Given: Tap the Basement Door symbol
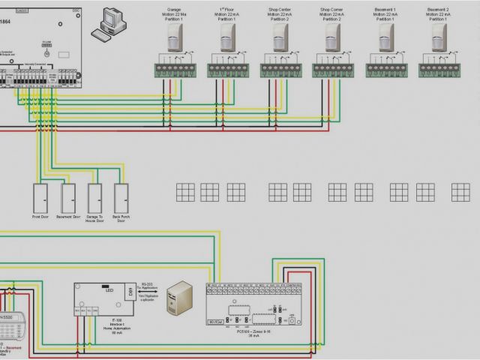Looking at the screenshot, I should (69, 199).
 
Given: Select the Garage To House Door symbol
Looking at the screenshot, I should (94, 199).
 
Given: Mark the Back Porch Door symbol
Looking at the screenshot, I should (120, 199).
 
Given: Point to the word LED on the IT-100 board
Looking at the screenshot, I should (109, 289).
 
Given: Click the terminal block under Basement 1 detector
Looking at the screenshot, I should (385, 70).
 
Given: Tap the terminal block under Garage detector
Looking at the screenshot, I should (175, 70).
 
